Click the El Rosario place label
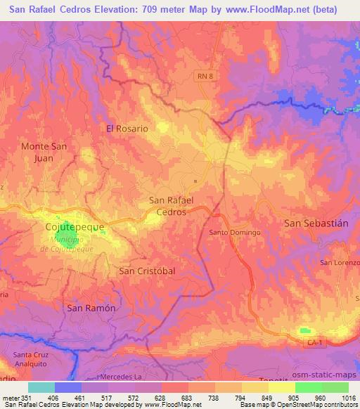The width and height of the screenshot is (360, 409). pos(127,129)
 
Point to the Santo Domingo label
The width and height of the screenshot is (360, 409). pos(235,232)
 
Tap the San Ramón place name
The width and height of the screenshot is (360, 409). pos(90,308)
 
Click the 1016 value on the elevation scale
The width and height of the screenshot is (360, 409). pos(349,398)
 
